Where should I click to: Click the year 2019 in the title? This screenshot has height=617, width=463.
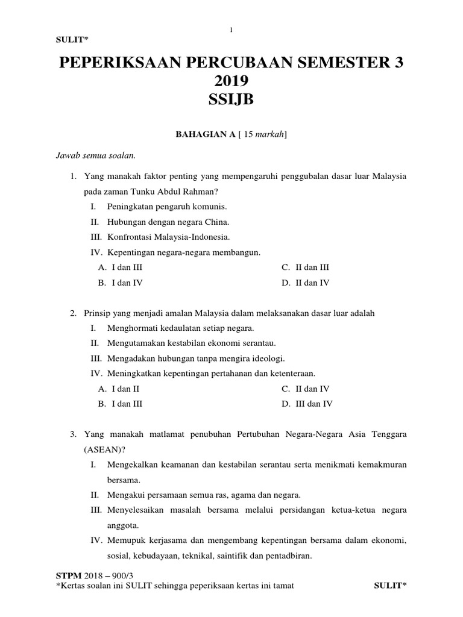(x=231, y=80)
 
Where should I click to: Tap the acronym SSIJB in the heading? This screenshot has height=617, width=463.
(x=231, y=100)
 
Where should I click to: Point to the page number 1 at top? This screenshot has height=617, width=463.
(x=231, y=30)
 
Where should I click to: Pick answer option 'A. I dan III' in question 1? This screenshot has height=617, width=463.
(x=121, y=268)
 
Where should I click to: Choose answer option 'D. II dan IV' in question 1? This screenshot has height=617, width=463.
(x=306, y=283)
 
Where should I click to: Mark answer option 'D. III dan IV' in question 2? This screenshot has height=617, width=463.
(x=307, y=404)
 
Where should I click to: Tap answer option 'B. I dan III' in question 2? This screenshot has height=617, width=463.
(x=121, y=404)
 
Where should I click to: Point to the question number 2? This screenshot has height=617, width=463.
(x=73, y=313)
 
